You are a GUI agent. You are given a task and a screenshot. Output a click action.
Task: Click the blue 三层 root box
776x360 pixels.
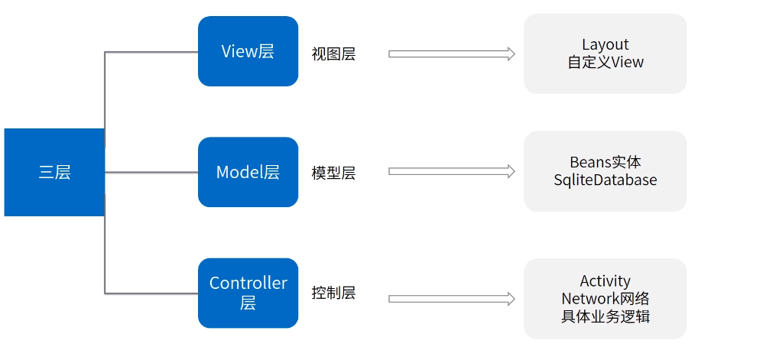click(x=54, y=173)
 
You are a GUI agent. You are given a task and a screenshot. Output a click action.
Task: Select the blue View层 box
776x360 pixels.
click(x=248, y=51)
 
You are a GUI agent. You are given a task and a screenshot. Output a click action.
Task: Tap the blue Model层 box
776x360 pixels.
click(x=248, y=172)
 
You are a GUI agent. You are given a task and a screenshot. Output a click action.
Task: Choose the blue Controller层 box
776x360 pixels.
click(x=248, y=293)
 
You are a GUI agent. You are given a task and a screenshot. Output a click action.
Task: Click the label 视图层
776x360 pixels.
click(x=333, y=54)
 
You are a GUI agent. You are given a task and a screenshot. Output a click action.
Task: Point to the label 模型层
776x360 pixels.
click(x=333, y=173)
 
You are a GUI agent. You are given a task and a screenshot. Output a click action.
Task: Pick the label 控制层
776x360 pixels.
click(x=333, y=293)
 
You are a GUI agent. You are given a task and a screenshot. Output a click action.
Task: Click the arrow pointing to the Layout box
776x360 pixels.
click(x=451, y=54)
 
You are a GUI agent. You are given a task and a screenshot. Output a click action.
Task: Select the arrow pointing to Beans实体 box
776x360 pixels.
click(x=451, y=172)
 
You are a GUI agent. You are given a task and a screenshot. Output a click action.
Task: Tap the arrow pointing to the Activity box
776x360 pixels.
click(x=451, y=299)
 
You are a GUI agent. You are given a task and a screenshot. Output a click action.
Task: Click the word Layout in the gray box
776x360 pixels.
click(x=605, y=45)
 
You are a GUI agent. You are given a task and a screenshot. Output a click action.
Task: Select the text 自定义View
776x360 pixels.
click(x=605, y=63)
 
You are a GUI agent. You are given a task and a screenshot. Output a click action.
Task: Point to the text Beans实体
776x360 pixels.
click(x=605, y=162)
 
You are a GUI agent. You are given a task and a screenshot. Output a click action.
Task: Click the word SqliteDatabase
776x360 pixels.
click(x=605, y=180)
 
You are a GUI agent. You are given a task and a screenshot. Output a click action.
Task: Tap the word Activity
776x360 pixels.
click(x=605, y=281)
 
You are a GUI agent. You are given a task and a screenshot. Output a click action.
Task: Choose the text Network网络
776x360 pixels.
click(x=605, y=298)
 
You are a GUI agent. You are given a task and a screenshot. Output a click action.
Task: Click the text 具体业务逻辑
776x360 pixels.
click(x=605, y=316)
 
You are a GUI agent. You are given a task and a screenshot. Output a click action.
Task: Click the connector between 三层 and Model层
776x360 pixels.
click(x=151, y=173)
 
